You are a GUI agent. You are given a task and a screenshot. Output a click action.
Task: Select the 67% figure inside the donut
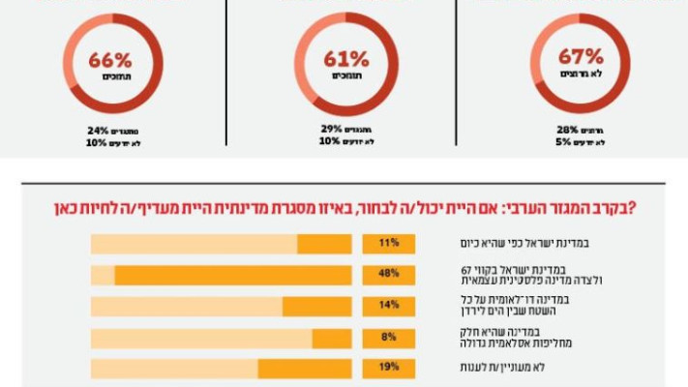tap(581, 57)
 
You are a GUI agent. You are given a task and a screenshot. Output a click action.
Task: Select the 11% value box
tap(389, 244)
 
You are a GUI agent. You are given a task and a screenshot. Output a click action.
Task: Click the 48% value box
tap(389, 275)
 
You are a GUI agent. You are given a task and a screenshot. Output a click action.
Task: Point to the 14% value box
tap(389, 306)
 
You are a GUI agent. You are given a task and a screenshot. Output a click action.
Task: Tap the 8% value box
tap(389, 338)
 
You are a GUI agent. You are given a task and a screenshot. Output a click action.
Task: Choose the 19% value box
tap(389, 369)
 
